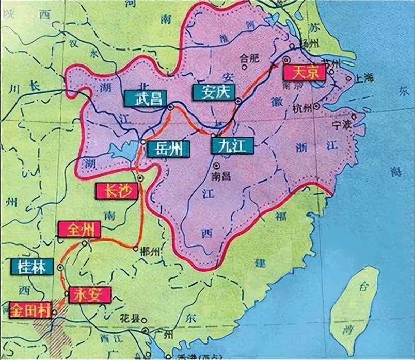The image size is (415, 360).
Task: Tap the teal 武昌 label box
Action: coord(141,99)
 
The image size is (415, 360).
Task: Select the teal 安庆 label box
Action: coord(213,92)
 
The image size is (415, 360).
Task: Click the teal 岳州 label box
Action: coord(168,149)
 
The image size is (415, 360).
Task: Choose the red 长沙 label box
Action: coord(117,190)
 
